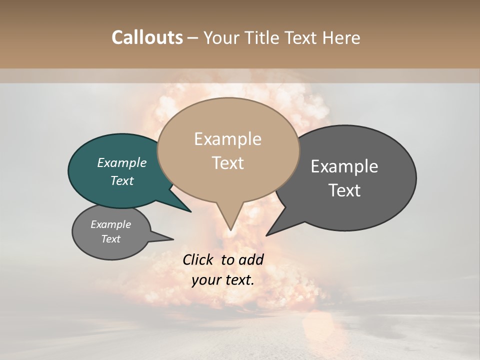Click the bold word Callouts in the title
(147, 37)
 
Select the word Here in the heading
(342, 37)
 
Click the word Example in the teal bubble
(122, 162)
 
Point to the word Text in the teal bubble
(122, 180)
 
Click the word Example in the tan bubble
(227, 139)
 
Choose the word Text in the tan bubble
(227, 163)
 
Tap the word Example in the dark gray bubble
(344, 166)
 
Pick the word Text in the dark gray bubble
(344, 190)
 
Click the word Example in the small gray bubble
(111, 224)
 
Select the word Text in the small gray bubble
(111, 239)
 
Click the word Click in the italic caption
(198, 259)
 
